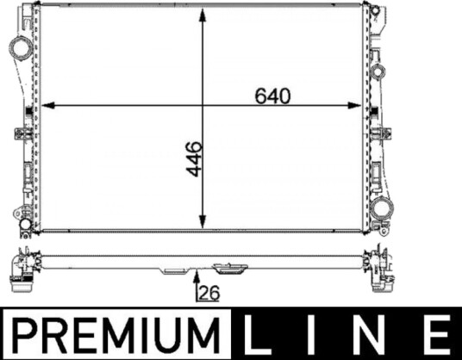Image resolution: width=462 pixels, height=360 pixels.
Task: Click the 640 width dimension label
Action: (x=272, y=96)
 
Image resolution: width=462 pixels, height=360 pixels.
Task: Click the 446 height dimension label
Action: (x=195, y=159)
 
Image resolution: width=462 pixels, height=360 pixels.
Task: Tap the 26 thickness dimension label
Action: (x=209, y=293)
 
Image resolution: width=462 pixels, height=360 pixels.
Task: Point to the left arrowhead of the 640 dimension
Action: (x=47, y=105)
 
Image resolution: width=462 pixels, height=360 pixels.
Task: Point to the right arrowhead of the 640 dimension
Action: (x=354, y=105)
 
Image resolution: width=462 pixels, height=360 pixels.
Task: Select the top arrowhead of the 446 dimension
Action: (x=203, y=15)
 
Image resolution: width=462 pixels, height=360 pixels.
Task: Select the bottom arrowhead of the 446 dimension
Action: (x=203, y=221)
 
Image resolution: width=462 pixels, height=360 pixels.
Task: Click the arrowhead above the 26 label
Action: (x=197, y=275)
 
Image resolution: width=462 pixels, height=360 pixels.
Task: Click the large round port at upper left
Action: (x=21, y=48)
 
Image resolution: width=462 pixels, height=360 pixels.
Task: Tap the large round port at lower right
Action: (x=382, y=210)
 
